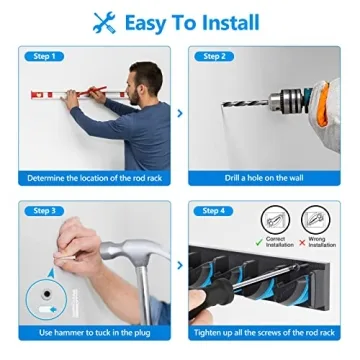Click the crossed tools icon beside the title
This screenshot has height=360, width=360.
[x=104, y=22]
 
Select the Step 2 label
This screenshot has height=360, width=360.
[x=214, y=56]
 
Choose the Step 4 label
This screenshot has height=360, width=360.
[x=214, y=211]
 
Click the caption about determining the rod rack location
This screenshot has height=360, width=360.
[x=94, y=178]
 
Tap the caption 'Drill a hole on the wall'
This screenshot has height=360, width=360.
[x=264, y=178]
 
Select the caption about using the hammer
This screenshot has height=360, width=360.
[x=94, y=332]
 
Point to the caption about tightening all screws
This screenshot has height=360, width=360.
[x=264, y=332]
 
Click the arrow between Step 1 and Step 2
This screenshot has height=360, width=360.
[x=180, y=113]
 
